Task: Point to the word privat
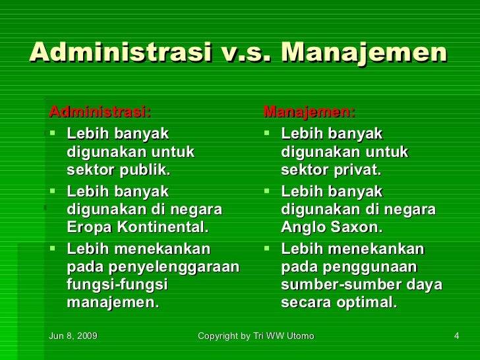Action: pyautogui.click(x=355, y=170)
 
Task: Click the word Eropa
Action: pyautogui.click(x=88, y=227)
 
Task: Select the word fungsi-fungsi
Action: pyautogui.click(x=117, y=285)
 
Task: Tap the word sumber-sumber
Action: pyautogui.click(x=333, y=285)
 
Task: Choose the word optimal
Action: pyautogui.click(x=367, y=303)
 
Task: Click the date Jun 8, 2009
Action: pyautogui.click(x=73, y=336)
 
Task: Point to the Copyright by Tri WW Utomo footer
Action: pyautogui.click(x=256, y=336)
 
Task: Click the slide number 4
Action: pyautogui.click(x=456, y=336)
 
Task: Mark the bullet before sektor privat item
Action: pyautogui.click(x=266, y=134)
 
